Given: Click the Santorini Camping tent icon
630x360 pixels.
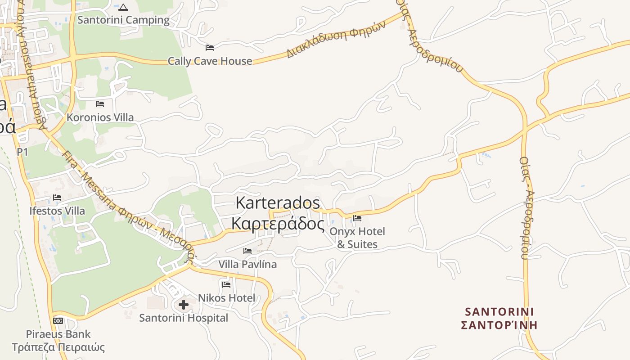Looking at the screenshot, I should [x=123, y=7].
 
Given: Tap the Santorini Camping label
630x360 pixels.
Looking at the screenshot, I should [x=123, y=20].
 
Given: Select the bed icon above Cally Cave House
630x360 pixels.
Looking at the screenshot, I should [x=210, y=47].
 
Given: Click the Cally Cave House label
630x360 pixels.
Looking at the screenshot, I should [x=210, y=61].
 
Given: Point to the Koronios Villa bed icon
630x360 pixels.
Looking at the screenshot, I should [x=100, y=104].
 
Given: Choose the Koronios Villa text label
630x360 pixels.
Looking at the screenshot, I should [x=100, y=117].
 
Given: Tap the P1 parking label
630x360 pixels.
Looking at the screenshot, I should [x=22, y=152].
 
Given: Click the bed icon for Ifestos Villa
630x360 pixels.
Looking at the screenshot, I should [x=57, y=197].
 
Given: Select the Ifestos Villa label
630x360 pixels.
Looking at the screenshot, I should [x=57, y=211].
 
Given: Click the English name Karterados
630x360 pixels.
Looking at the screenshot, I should [x=278, y=202].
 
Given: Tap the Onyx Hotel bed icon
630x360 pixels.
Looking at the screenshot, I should [x=357, y=218].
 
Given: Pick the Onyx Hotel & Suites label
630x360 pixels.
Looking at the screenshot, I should [x=357, y=238].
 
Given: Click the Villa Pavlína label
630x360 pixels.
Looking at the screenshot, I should [x=247, y=264].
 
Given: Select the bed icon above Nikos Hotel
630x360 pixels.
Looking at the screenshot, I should [x=226, y=284].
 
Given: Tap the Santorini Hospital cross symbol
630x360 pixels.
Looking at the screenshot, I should [x=184, y=305].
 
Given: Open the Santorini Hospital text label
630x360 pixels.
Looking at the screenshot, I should [x=184, y=318].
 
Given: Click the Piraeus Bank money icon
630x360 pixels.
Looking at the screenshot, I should [x=58, y=321].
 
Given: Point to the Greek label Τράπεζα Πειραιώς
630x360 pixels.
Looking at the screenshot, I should [x=58, y=347].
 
